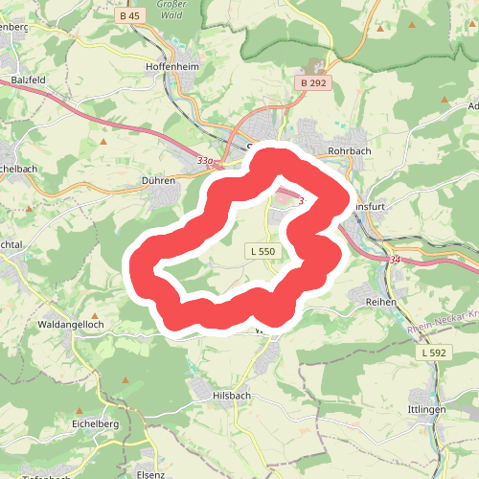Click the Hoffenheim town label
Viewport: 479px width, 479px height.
172,67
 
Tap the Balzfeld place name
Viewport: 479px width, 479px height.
30,80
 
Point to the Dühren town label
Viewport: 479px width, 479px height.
158,179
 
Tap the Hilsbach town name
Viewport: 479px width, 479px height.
234,395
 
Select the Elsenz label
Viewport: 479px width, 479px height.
151,473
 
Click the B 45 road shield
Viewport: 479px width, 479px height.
131,16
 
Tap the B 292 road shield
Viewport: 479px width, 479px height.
313,83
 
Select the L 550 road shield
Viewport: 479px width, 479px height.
260,251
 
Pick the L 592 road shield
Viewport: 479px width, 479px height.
433,354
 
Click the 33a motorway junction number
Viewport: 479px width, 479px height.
205,161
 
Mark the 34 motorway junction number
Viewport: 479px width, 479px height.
396,260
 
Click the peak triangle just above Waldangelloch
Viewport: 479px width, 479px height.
95,314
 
